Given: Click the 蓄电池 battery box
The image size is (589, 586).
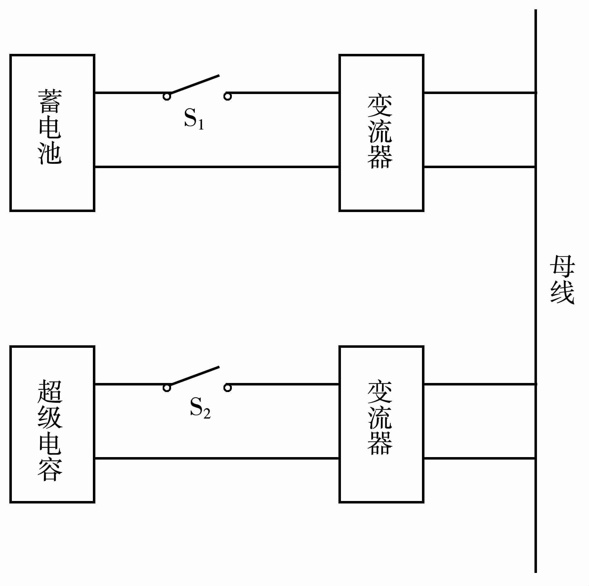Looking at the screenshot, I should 52,133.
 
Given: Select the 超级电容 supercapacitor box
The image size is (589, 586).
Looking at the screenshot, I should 52,424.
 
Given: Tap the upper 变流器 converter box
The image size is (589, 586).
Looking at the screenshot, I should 381,133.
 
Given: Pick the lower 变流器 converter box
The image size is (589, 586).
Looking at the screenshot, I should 381,424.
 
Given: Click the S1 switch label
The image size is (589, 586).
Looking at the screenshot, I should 194,119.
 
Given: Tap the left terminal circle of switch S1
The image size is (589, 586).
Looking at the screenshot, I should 167,97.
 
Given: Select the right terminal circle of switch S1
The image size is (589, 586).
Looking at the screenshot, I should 228,97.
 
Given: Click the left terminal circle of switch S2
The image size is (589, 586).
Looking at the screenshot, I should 167,388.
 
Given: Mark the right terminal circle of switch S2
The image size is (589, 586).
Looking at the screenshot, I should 228,388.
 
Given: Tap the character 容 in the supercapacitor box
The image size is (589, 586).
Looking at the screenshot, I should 50,470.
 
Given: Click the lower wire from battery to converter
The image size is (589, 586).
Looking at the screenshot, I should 217,167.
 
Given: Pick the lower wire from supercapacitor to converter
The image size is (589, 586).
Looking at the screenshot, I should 217,458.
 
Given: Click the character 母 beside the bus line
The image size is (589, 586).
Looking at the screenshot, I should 562,266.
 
